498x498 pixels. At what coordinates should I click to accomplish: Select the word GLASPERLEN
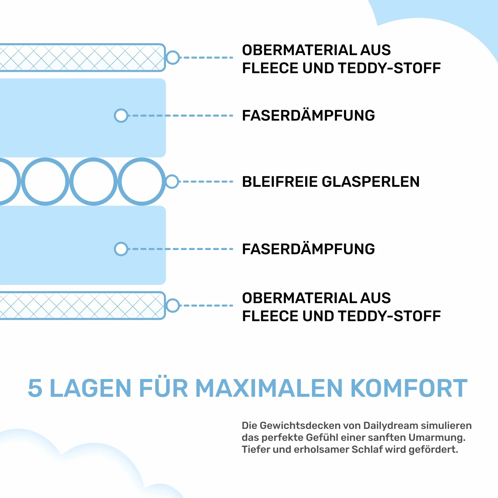pyautogui.click(x=371, y=181)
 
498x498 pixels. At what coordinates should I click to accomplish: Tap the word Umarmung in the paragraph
pyautogui.click(x=437, y=438)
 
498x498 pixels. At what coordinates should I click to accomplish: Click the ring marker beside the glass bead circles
pyautogui.click(x=172, y=181)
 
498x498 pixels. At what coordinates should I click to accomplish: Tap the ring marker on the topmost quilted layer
pyautogui.click(x=173, y=57)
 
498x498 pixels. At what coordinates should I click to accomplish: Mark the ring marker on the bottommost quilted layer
pyautogui.click(x=173, y=305)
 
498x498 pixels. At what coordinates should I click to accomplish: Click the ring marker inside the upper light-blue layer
pyautogui.click(x=121, y=115)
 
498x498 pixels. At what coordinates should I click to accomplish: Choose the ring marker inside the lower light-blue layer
pyautogui.click(x=121, y=249)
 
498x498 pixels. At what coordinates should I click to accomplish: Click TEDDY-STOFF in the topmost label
pyautogui.click(x=390, y=68)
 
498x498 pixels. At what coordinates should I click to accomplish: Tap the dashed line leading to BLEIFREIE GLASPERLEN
pyautogui.click(x=206, y=181)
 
